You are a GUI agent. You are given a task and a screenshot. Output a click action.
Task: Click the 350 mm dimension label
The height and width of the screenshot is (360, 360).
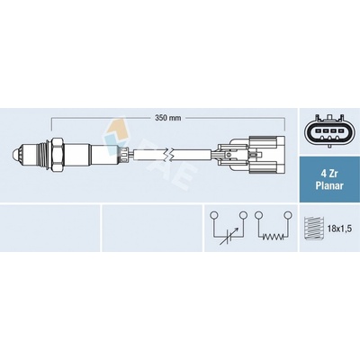(x=168, y=118)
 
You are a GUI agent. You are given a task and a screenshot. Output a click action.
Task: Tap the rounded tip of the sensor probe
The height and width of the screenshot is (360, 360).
(x=15, y=155)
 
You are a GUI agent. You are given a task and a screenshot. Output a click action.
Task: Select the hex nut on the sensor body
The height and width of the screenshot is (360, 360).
(x=58, y=155)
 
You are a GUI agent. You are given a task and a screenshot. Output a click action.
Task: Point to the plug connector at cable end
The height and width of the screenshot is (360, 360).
(x=248, y=155)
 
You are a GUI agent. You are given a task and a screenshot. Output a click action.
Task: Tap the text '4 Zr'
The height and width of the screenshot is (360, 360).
(x=329, y=174)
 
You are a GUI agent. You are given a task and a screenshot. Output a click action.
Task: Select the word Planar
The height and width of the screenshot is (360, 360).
(x=329, y=185)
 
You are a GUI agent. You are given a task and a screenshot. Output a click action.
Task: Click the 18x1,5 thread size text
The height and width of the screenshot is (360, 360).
(x=339, y=229)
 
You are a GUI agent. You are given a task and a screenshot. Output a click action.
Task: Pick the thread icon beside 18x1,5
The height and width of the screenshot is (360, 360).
(x=314, y=229)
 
